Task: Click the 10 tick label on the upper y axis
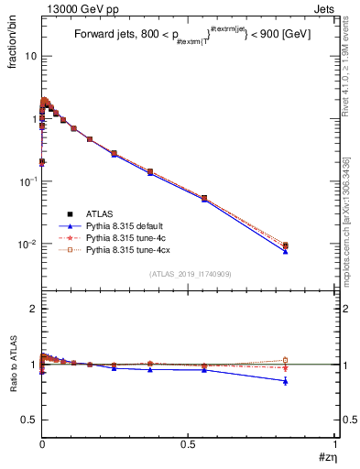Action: point(29,56)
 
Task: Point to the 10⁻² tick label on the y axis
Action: point(27,245)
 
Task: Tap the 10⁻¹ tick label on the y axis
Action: point(27,181)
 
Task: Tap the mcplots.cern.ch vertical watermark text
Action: point(349,211)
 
